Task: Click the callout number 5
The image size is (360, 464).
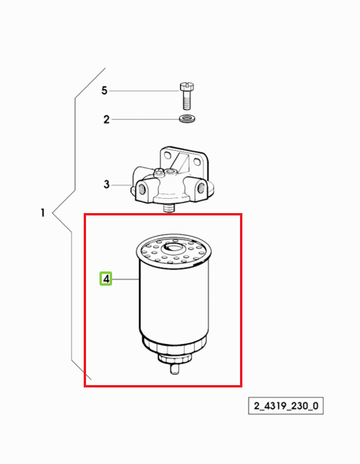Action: (104, 91)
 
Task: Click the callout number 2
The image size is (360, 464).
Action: (107, 120)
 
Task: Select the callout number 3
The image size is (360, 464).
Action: (107, 185)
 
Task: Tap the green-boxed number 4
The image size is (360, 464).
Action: (106, 279)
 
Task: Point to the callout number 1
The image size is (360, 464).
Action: (43, 213)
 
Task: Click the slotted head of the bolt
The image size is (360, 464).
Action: (187, 87)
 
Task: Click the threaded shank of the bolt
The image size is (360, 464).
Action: (187, 100)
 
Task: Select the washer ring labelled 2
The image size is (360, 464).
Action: (187, 119)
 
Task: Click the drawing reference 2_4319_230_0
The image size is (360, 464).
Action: (286, 406)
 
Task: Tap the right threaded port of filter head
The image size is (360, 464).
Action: (201, 187)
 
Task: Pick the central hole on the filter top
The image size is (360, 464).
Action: (174, 246)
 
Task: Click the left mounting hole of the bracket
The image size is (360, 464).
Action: (167, 155)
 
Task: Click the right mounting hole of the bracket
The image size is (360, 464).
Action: (197, 162)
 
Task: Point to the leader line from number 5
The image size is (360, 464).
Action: (144, 91)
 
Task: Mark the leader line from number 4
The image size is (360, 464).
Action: (126, 279)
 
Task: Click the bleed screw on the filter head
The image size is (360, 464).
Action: (159, 171)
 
